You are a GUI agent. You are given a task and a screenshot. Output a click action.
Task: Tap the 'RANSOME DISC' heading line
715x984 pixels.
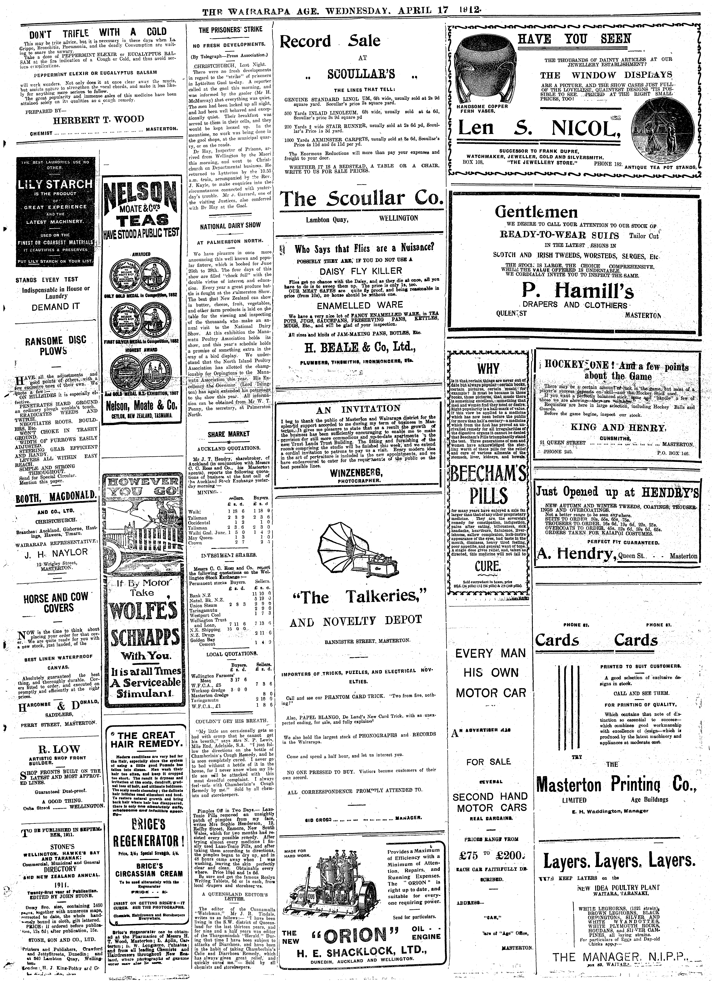coord(56,341)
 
